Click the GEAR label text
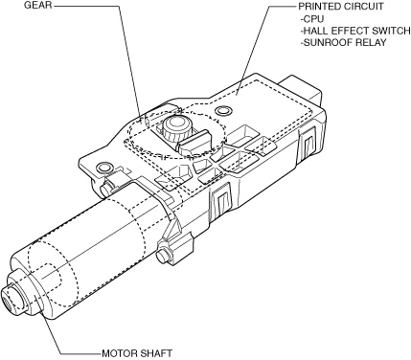37,5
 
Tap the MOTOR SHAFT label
137,353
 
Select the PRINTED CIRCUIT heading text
341,7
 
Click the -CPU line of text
312,19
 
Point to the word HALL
315,31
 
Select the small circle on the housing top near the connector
222,111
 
